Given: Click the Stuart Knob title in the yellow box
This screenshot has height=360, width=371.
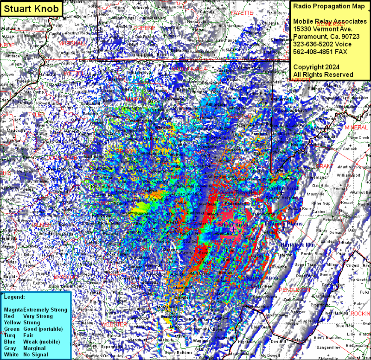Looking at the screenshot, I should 31,8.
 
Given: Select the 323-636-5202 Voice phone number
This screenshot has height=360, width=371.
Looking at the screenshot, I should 323,44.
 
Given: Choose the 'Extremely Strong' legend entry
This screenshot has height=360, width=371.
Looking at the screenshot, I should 45,309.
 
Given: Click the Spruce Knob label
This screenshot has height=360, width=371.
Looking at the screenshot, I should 262,277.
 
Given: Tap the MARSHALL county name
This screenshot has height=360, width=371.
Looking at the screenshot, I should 72,43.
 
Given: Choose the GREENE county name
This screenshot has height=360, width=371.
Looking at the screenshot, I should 144,28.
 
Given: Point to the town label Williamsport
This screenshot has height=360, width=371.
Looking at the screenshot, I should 349,175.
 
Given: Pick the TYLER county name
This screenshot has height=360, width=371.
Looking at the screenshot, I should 36,114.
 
